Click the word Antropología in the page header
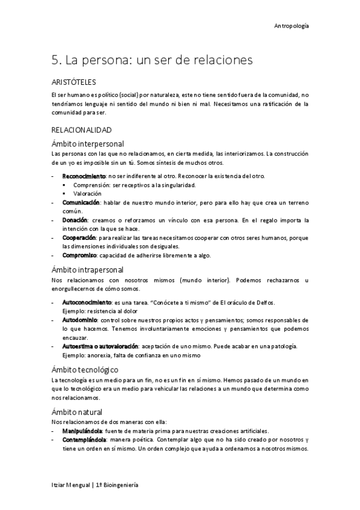point(291,26)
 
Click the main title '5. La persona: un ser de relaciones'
point(152,60)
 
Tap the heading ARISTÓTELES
point(74,82)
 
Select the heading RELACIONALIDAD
point(81,130)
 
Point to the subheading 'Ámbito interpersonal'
point(88,144)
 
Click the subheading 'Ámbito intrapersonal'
point(88,269)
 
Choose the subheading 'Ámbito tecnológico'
point(84,369)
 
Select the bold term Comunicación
point(81,203)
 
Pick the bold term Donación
point(74,220)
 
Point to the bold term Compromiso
point(80,255)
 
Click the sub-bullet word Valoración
point(88,194)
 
